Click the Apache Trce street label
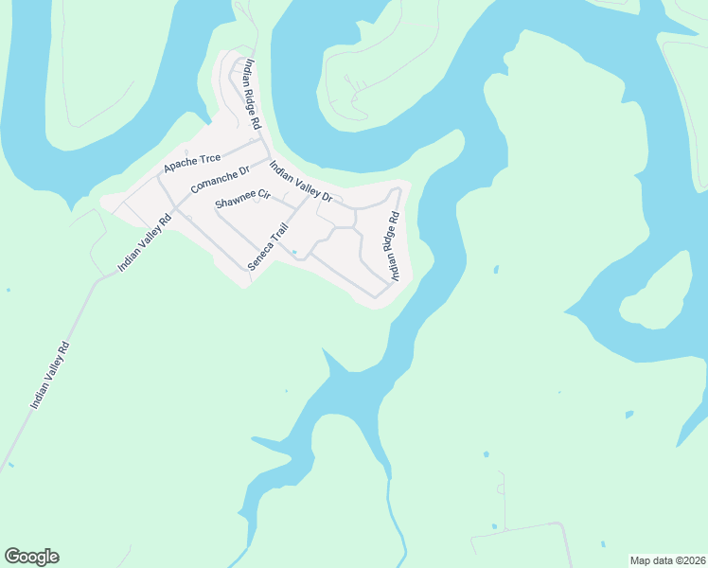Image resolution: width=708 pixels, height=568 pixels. pyautogui.click(x=191, y=163)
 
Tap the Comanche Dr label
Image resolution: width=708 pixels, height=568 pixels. pyautogui.click(x=219, y=179)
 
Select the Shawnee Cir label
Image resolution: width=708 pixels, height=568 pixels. pyautogui.click(x=242, y=201)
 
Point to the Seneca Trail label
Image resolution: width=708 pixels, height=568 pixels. pyautogui.click(x=267, y=247)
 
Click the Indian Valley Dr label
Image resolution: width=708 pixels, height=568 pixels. pyautogui.click(x=301, y=182)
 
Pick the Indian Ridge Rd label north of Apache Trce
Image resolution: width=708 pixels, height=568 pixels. pyautogui.click(x=251, y=95)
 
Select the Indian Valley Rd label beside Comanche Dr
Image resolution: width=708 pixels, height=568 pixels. pyautogui.click(x=145, y=244)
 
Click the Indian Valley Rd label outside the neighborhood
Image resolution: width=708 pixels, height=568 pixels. pyautogui.click(x=51, y=375)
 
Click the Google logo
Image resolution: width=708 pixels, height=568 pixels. pyautogui.click(x=31, y=557)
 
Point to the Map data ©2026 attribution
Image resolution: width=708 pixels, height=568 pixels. pyautogui.click(x=666, y=560)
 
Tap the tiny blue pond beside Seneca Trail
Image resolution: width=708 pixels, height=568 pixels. pyautogui.click(x=294, y=252)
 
